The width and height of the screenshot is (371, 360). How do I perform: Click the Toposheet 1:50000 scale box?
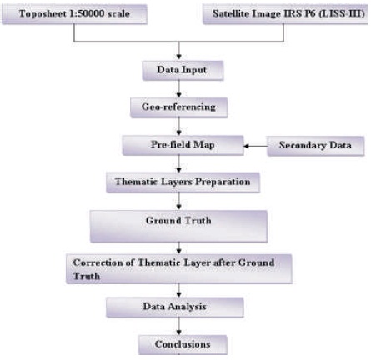74,14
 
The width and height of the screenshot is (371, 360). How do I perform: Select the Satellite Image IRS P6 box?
285,14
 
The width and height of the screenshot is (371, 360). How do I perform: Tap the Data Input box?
183,70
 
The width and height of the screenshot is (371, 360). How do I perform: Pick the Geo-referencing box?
178,107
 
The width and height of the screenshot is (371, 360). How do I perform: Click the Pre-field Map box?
183,145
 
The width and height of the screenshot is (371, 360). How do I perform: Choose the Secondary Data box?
315,146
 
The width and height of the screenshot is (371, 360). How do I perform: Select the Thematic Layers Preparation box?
183,182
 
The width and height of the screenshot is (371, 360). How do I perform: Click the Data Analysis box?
175,307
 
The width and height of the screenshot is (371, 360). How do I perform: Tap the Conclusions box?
183,344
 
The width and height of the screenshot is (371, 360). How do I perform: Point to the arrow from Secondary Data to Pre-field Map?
255,146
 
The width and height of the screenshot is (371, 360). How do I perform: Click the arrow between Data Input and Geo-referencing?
178,89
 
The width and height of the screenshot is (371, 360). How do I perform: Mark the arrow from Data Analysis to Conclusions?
178,326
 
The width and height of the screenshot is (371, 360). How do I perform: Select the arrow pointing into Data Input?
178,51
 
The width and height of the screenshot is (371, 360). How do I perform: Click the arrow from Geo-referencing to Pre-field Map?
178,127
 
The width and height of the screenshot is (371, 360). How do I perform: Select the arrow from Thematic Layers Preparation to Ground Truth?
178,201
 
